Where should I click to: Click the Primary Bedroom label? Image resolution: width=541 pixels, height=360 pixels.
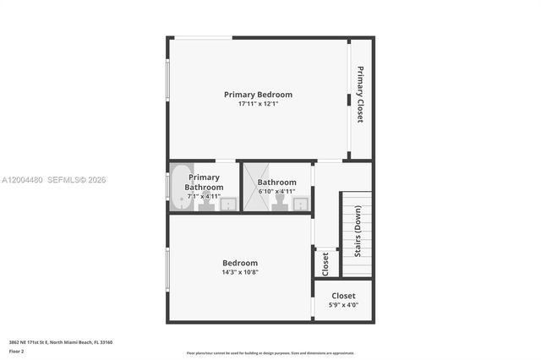258,94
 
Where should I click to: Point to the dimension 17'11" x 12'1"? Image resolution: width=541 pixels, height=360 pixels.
258,104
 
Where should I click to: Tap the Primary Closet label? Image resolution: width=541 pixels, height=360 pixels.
360,94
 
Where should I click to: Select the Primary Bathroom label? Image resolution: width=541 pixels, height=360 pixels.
204,182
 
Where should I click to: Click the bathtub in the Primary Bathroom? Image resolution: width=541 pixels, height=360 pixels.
179,185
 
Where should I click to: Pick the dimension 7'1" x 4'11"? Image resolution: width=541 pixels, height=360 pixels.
204,196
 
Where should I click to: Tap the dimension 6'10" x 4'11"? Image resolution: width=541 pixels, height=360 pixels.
276,192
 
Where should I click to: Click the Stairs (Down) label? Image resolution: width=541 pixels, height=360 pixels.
358,232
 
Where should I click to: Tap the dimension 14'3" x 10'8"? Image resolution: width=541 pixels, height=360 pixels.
240,272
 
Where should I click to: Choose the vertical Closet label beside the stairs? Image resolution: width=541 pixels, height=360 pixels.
325,264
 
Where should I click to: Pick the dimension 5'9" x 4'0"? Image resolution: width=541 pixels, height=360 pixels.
343,305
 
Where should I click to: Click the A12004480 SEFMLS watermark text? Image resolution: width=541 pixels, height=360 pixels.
54,179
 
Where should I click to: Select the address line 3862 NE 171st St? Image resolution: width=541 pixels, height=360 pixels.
61,342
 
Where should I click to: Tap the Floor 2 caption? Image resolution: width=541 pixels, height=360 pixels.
17,351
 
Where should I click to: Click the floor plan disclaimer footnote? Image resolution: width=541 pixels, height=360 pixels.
270,352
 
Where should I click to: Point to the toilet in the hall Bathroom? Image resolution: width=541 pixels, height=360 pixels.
278,202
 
